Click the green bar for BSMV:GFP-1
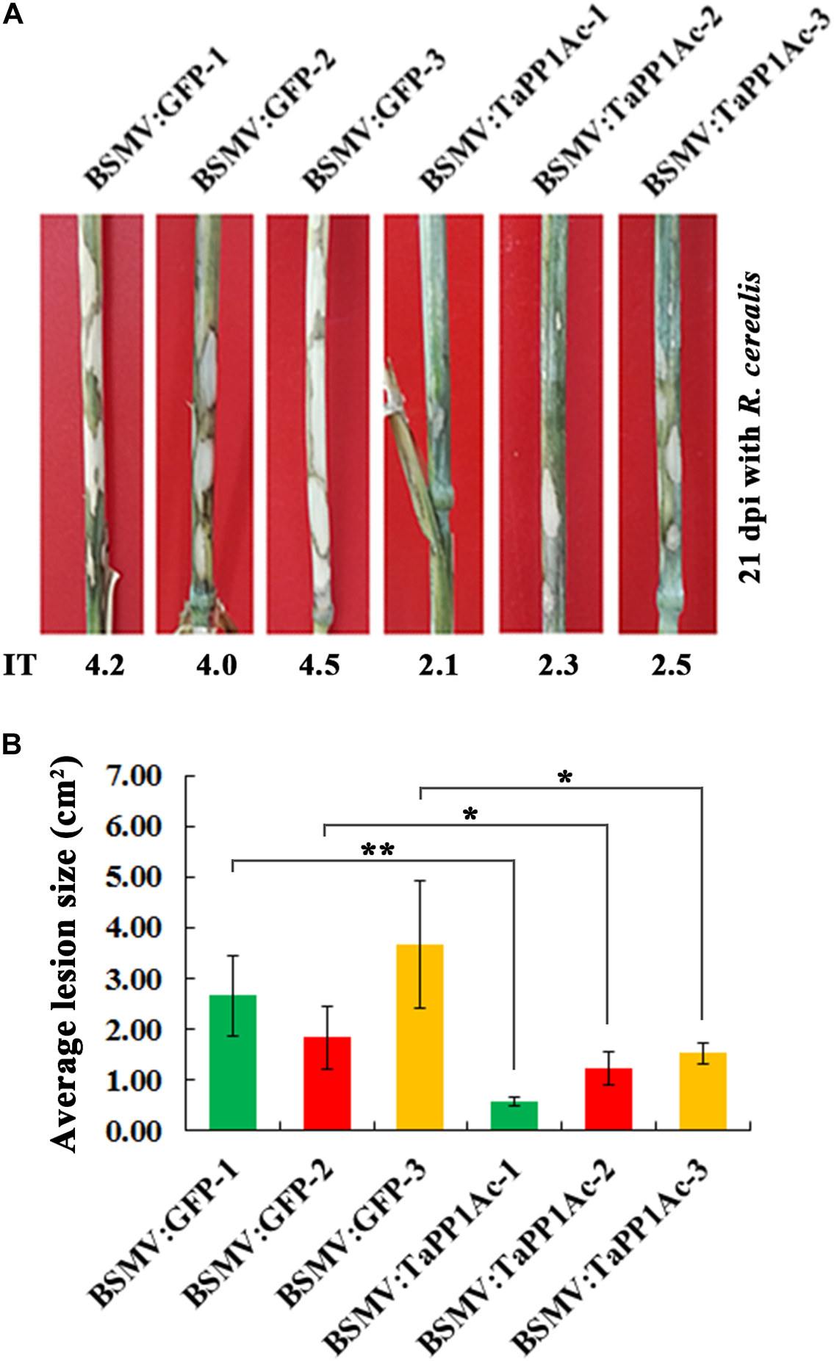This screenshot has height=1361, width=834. [x=233, y=1061]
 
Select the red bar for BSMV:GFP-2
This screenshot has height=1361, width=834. [x=327, y=1083]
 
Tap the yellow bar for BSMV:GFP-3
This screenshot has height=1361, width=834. [x=420, y=1036]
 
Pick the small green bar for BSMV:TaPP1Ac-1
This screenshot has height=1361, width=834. [x=514, y=1115]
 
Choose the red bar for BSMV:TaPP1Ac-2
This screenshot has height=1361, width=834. [x=608, y=1098]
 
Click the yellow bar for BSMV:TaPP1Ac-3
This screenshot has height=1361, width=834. [x=702, y=1091]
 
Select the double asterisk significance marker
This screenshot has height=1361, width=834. [x=378, y=851]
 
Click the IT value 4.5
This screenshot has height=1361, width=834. [x=320, y=665]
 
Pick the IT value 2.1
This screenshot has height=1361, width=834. [x=438, y=665]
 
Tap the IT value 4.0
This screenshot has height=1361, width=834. [x=217, y=665]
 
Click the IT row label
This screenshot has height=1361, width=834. [x=19, y=665]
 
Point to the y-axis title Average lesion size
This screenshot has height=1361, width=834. [x=65, y=955]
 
